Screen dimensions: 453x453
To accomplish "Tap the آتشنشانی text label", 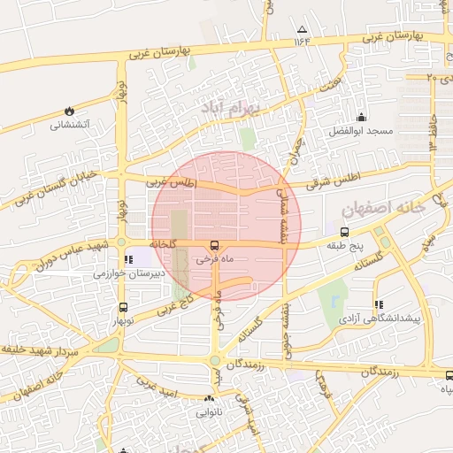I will pyautogui.click(x=68, y=125).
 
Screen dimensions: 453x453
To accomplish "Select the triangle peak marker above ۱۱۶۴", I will pyautogui.click(x=302, y=29).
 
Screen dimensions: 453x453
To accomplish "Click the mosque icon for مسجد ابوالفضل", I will pyautogui.click(x=360, y=118).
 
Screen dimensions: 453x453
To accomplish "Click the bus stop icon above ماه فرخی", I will pyautogui.click(x=213, y=245).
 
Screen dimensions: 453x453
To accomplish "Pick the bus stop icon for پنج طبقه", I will pyautogui.click(x=343, y=232).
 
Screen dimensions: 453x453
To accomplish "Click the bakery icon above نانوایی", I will pyautogui.click(x=210, y=398).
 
